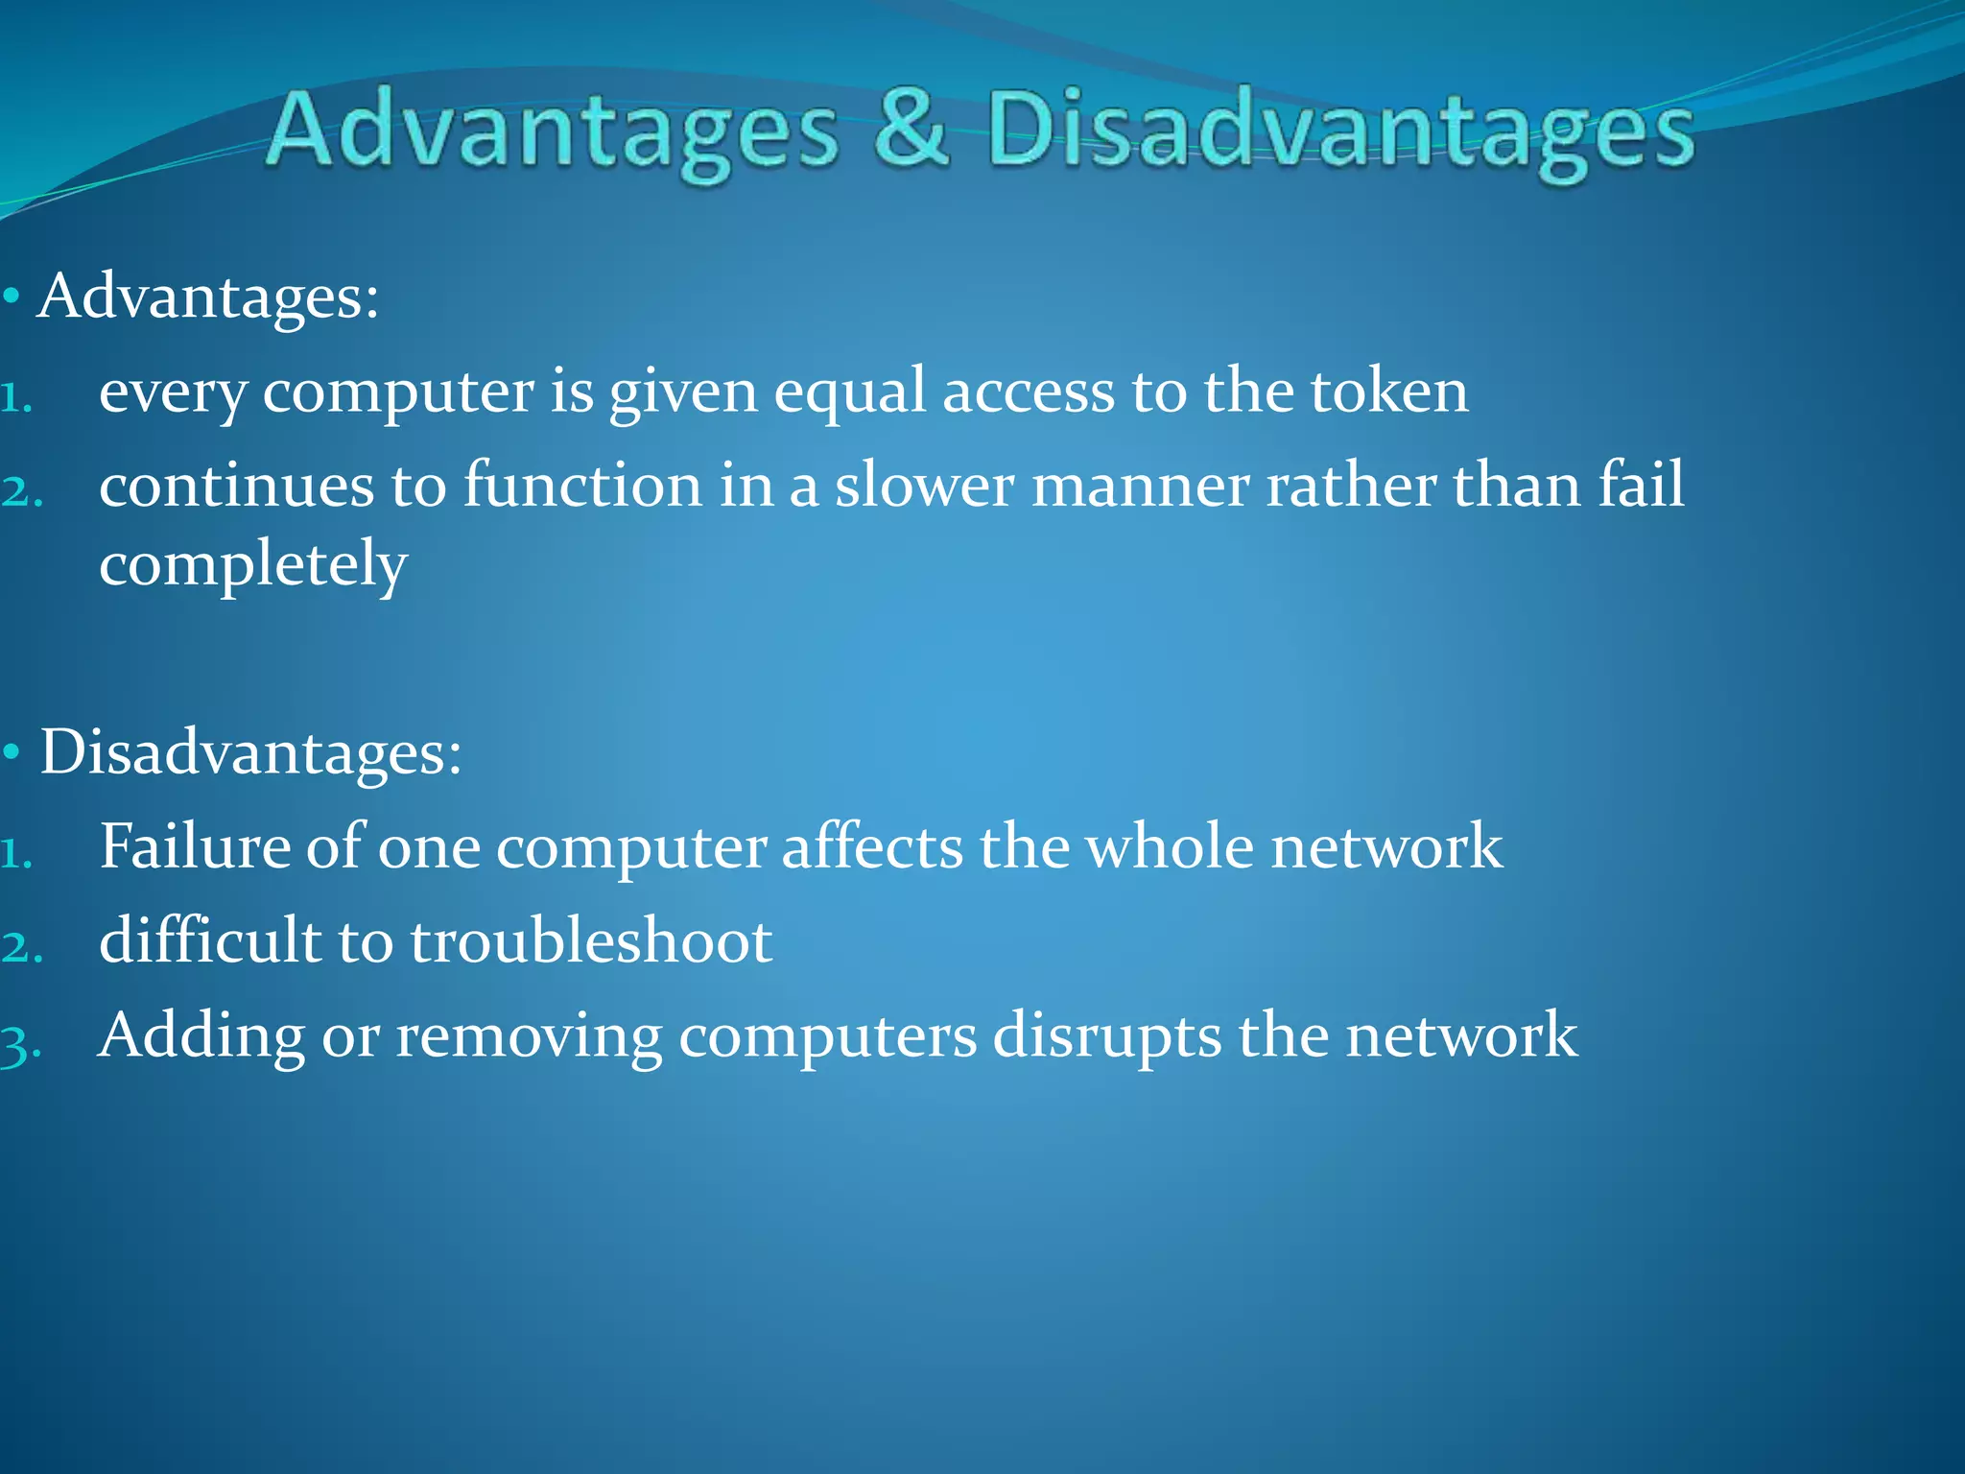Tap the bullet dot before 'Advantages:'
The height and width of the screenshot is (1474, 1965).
pyautogui.click(x=12, y=297)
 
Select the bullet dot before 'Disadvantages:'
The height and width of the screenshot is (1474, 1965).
pyautogui.click(x=12, y=753)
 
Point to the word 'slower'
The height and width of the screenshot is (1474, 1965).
pyautogui.click(x=923, y=485)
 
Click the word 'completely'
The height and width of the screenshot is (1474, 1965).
pyautogui.click(x=253, y=564)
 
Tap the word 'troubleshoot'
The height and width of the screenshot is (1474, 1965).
pyautogui.click(x=591, y=940)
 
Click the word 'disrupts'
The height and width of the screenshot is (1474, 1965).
pyautogui.click(x=1106, y=1035)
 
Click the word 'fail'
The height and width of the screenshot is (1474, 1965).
pyautogui.click(x=1641, y=484)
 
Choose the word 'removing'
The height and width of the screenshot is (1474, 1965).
pyautogui.click(x=529, y=1035)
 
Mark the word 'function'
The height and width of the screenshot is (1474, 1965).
pyautogui.click(x=582, y=485)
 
